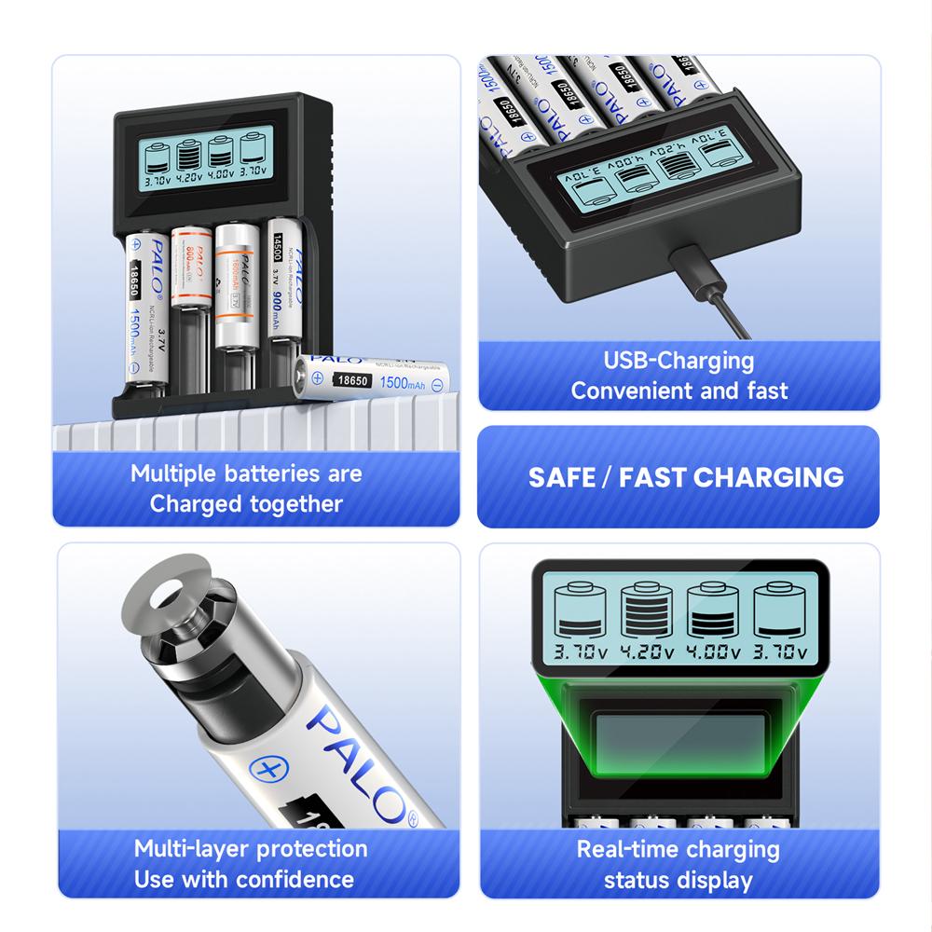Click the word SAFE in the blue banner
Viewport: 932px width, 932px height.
[560, 477]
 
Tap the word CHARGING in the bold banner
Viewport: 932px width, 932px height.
[769, 477]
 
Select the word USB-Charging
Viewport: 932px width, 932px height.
[678, 361]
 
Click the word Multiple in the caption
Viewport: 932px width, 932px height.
[173, 473]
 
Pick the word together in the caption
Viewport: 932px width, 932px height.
[297, 504]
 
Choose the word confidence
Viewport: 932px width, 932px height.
[295, 879]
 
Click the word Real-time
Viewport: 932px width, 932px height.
[626, 849]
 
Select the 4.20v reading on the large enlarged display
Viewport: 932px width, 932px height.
[647, 651]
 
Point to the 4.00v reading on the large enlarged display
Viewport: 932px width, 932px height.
[713, 651]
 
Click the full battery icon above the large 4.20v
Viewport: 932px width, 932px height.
[646, 611]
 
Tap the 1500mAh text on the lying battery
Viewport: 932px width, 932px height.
[405, 382]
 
